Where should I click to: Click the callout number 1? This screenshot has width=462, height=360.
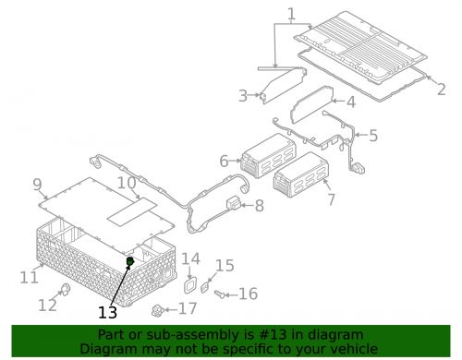(x=290, y=14)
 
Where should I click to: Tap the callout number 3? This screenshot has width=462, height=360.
(x=243, y=95)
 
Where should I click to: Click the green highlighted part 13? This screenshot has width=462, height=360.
(x=130, y=263)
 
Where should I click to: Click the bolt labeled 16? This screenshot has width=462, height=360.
(x=223, y=294)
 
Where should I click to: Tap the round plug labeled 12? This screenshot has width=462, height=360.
(x=66, y=293)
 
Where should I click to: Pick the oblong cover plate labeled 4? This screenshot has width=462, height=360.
(x=312, y=104)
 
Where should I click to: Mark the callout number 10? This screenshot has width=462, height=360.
(x=127, y=184)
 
